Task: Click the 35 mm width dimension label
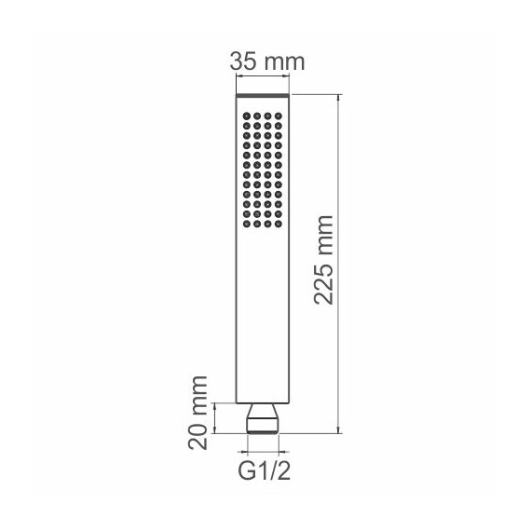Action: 267,61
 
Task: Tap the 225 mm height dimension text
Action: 324,260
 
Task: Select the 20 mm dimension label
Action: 197,413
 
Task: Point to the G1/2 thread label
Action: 265,470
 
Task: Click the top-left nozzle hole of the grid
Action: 247,116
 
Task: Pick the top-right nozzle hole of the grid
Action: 279,116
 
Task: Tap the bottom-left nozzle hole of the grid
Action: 247,224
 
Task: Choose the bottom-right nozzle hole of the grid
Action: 279,224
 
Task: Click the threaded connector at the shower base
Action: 263,418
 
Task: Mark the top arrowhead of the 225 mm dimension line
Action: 338,99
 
